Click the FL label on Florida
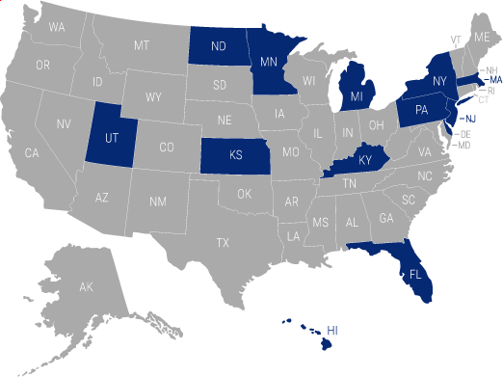click(x=415, y=273)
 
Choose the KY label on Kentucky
click(x=364, y=159)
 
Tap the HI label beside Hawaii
click(x=334, y=330)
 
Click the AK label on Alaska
click(x=85, y=287)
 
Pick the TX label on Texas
click(x=224, y=241)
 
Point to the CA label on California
click(x=32, y=153)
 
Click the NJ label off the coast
click(x=470, y=119)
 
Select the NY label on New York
click(x=439, y=81)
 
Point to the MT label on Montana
click(x=142, y=45)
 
